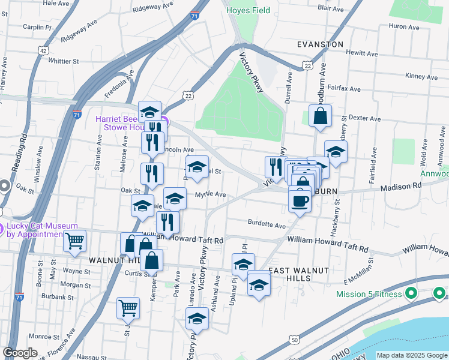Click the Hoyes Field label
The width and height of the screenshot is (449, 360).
point(248,10)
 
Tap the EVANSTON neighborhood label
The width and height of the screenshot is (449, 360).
point(321,44)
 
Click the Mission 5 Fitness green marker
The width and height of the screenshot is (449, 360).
point(411,294)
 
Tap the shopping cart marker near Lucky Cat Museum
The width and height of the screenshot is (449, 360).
point(74,241)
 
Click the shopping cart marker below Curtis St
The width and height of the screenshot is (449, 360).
point(128,308)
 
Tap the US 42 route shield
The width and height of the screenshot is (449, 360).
point(43,51)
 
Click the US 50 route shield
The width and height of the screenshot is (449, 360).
point(294,340)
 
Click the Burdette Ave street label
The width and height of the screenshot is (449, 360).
point(267,225)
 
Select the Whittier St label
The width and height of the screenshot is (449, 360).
point(64,61)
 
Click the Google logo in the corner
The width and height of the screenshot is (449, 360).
point(20,353)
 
